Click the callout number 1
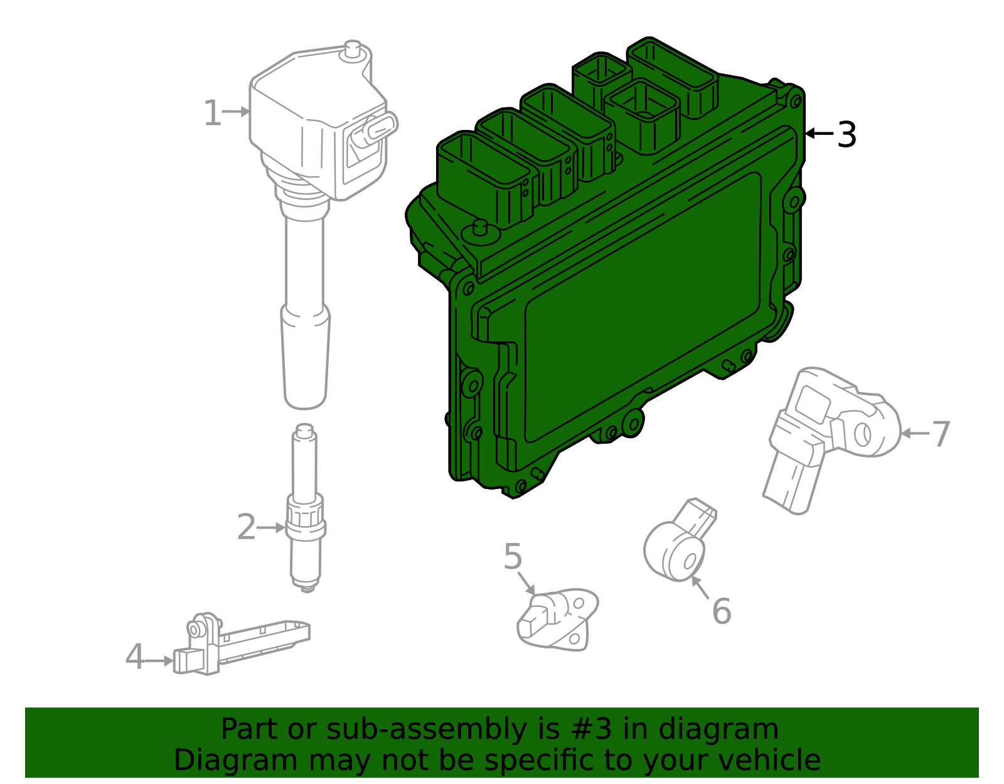point(212,114)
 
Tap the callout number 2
point(246,527)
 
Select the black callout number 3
point(846,134)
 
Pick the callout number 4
point(134,657)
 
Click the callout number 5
point(513,557)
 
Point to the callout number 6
point(722,611)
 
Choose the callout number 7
point(940,434)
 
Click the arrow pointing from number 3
point(818,133)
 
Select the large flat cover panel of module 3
point(640,308)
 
